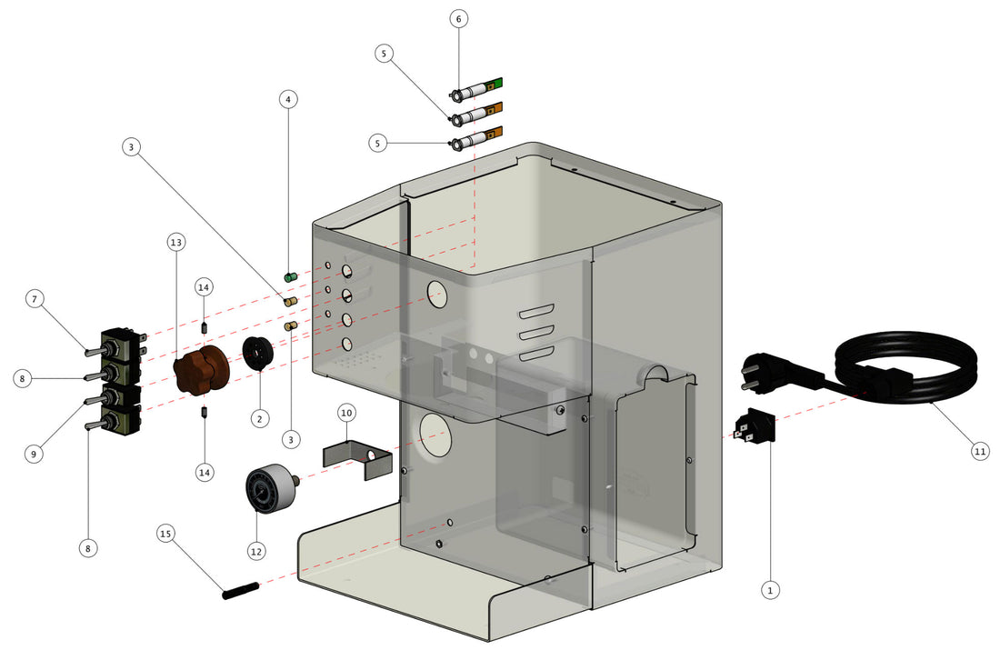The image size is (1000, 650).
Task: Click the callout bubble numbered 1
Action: (770, 590)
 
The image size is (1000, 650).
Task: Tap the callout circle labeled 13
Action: (175, 242)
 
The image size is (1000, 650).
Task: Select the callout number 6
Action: (458, 18)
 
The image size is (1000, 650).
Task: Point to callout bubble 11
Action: (979, 451)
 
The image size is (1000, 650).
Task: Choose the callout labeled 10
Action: (346, 413)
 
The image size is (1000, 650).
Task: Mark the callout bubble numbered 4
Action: (288, 97)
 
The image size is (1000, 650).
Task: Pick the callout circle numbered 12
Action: (255, 550)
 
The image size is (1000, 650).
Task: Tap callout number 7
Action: (34, 298)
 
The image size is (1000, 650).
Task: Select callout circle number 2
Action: (260, 418)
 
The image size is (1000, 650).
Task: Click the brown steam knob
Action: (199, 374)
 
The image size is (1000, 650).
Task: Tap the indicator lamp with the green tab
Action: (477, 89)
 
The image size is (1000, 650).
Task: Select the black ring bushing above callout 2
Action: (258, 353)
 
